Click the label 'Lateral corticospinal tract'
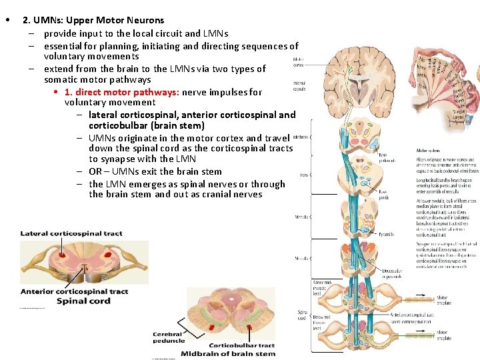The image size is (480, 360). click(71, 233)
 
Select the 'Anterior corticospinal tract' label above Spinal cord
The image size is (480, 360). click(74, 291)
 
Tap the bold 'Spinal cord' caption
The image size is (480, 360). click(83, 301)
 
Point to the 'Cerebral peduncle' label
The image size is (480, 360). click(169, 337)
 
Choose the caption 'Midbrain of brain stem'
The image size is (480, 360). click(227, 353)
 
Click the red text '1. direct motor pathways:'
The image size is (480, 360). click(121, 92)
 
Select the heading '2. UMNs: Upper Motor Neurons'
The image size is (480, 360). click(93, 20)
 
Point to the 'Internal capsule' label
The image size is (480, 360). click(299, 86)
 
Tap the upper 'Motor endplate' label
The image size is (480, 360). click(443, 300)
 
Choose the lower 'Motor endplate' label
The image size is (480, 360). click(443, 335)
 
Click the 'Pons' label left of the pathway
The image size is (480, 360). click(303, 175)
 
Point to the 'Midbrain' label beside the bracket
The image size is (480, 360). click(301, 137)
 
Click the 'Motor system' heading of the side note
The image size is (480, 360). click(427, 151)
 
